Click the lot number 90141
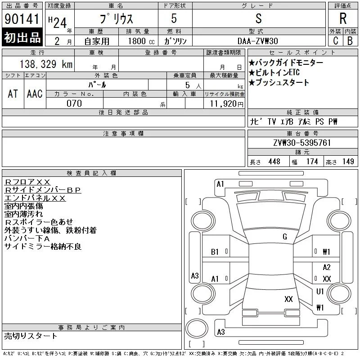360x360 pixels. tap(22, 19)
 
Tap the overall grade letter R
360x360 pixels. tap(343, 18)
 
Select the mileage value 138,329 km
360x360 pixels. tap(46, 64)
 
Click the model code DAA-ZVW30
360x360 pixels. tap(257, 41)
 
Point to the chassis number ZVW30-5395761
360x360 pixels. tap(302, 143)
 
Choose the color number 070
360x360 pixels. tap(74, 103)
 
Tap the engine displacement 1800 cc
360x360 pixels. tap(141, 41)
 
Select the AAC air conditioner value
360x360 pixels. tap(35, 94)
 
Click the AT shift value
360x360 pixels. tap(13, 94)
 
